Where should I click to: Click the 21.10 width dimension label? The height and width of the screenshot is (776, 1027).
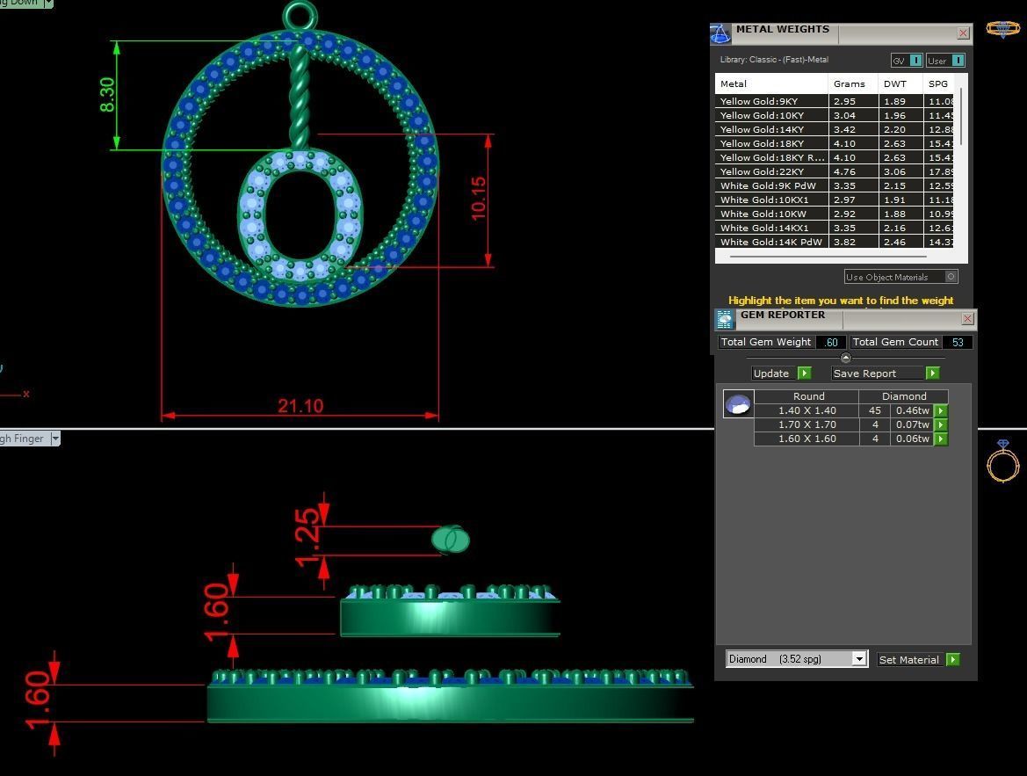click(x=300, y=406)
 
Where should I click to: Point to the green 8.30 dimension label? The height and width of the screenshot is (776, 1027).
click(x=107, y=95)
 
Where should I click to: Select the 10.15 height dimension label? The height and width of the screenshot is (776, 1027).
click(x=479, y=199)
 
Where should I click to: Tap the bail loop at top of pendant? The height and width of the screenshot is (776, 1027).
click(x=300, y=15)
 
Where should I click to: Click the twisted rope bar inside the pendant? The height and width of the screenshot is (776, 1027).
click(x=299, y=97)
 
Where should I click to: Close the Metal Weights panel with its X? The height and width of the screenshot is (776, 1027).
click(x=963, y=33)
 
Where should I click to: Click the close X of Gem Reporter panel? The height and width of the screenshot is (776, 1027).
click(x=967, y=319)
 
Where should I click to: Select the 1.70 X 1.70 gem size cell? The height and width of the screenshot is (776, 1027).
click(x=806, y=424)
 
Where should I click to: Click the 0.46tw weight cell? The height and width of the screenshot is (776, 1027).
click(x=912, y=410)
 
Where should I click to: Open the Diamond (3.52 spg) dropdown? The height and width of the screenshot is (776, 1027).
click(x=796, y=659)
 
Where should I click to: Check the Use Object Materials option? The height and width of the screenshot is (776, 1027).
click(x=951, y=277)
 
